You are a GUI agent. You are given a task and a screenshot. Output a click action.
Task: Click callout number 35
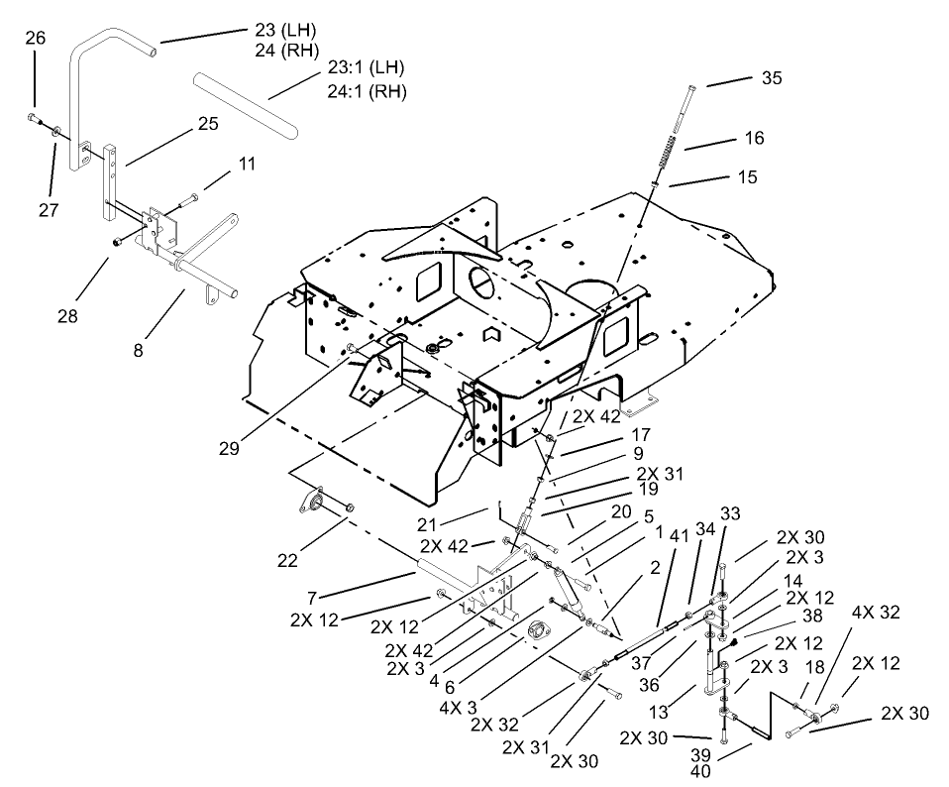pos(772,78)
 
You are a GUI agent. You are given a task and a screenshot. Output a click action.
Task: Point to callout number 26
pos(35,39)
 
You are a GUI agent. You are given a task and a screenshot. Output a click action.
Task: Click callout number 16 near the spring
pos(754,138)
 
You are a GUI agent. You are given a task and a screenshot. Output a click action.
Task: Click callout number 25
pos(207,124)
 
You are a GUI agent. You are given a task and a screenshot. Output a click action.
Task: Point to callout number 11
pos(245,165)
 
